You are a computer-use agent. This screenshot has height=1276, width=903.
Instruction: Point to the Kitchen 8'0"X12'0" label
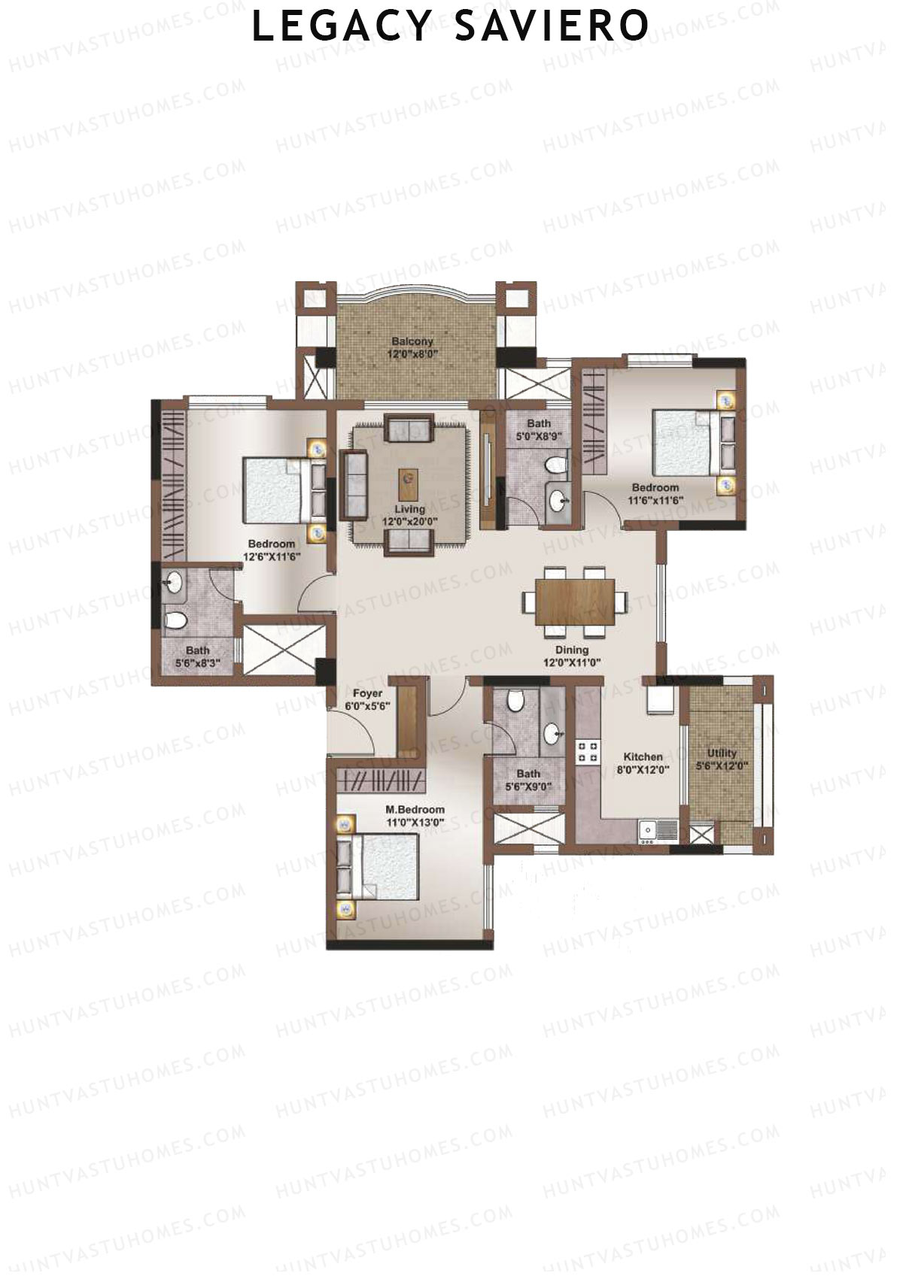tap(643, 763)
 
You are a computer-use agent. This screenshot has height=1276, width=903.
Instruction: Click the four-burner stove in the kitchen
tap(588, 752)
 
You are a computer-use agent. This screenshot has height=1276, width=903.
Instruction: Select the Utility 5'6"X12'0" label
tap(722, 759)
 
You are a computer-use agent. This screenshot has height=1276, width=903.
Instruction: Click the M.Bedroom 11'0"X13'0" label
tap(415, 816)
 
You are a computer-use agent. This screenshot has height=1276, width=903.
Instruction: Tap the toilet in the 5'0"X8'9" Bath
tap(556, 465)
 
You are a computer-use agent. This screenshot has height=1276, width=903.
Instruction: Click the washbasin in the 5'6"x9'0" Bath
tap(553, 731)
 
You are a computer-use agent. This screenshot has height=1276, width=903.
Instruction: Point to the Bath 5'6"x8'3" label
tap(197, 656)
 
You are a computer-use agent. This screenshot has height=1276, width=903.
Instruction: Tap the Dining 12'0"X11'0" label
tap(572, 656)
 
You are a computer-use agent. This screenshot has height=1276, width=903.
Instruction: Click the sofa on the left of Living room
tap(353, 484)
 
